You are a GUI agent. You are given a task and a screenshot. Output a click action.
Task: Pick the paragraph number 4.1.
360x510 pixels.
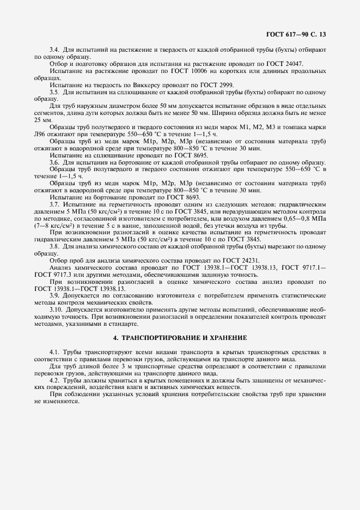54,354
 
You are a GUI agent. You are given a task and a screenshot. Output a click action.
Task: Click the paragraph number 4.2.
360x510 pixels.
54,380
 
